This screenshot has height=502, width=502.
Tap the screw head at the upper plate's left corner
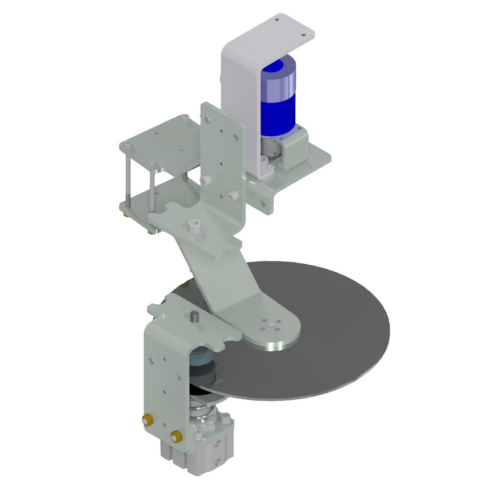coord(129,146)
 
